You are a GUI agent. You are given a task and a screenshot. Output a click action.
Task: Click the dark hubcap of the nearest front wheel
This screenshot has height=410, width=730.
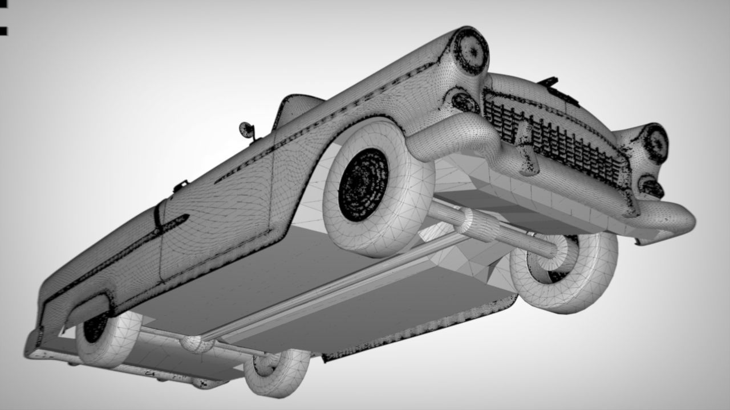(363, 184)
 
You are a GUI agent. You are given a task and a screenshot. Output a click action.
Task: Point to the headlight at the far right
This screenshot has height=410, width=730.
(656, 143)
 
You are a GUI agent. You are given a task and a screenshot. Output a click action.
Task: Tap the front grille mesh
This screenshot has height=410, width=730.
(553, 137)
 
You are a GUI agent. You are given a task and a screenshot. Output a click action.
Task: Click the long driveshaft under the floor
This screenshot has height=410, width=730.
(319, 296)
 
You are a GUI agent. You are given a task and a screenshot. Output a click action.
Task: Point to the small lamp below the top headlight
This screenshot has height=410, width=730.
(465, 102)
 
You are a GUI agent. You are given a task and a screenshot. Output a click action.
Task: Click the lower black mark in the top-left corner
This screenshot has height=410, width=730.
(3, 31)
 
